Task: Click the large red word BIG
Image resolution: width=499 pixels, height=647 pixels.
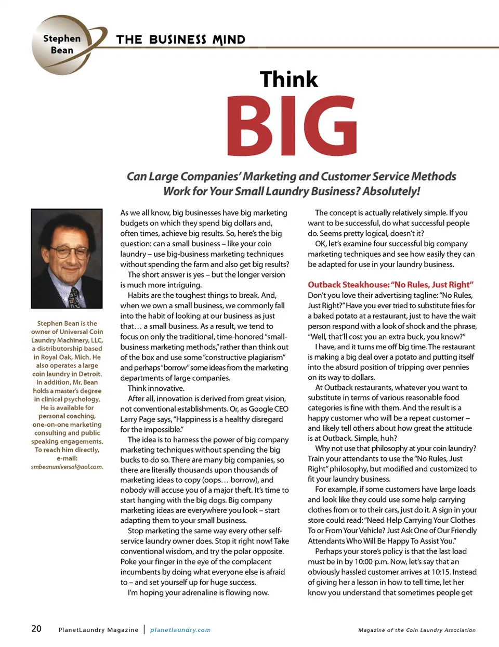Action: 292,126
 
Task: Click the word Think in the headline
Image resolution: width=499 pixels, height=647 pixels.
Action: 288,80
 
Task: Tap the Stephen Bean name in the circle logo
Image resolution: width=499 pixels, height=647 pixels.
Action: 62,44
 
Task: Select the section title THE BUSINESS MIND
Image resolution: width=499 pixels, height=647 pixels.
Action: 180,40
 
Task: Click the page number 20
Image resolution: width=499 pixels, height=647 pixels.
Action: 36,629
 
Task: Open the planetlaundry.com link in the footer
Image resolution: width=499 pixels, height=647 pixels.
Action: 180,630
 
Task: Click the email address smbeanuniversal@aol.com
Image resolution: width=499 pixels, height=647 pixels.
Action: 67,467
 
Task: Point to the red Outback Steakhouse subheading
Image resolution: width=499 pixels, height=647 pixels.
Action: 390,284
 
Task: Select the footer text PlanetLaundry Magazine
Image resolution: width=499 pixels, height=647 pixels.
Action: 98,630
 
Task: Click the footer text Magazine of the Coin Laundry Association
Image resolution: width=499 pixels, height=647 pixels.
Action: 417,630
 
